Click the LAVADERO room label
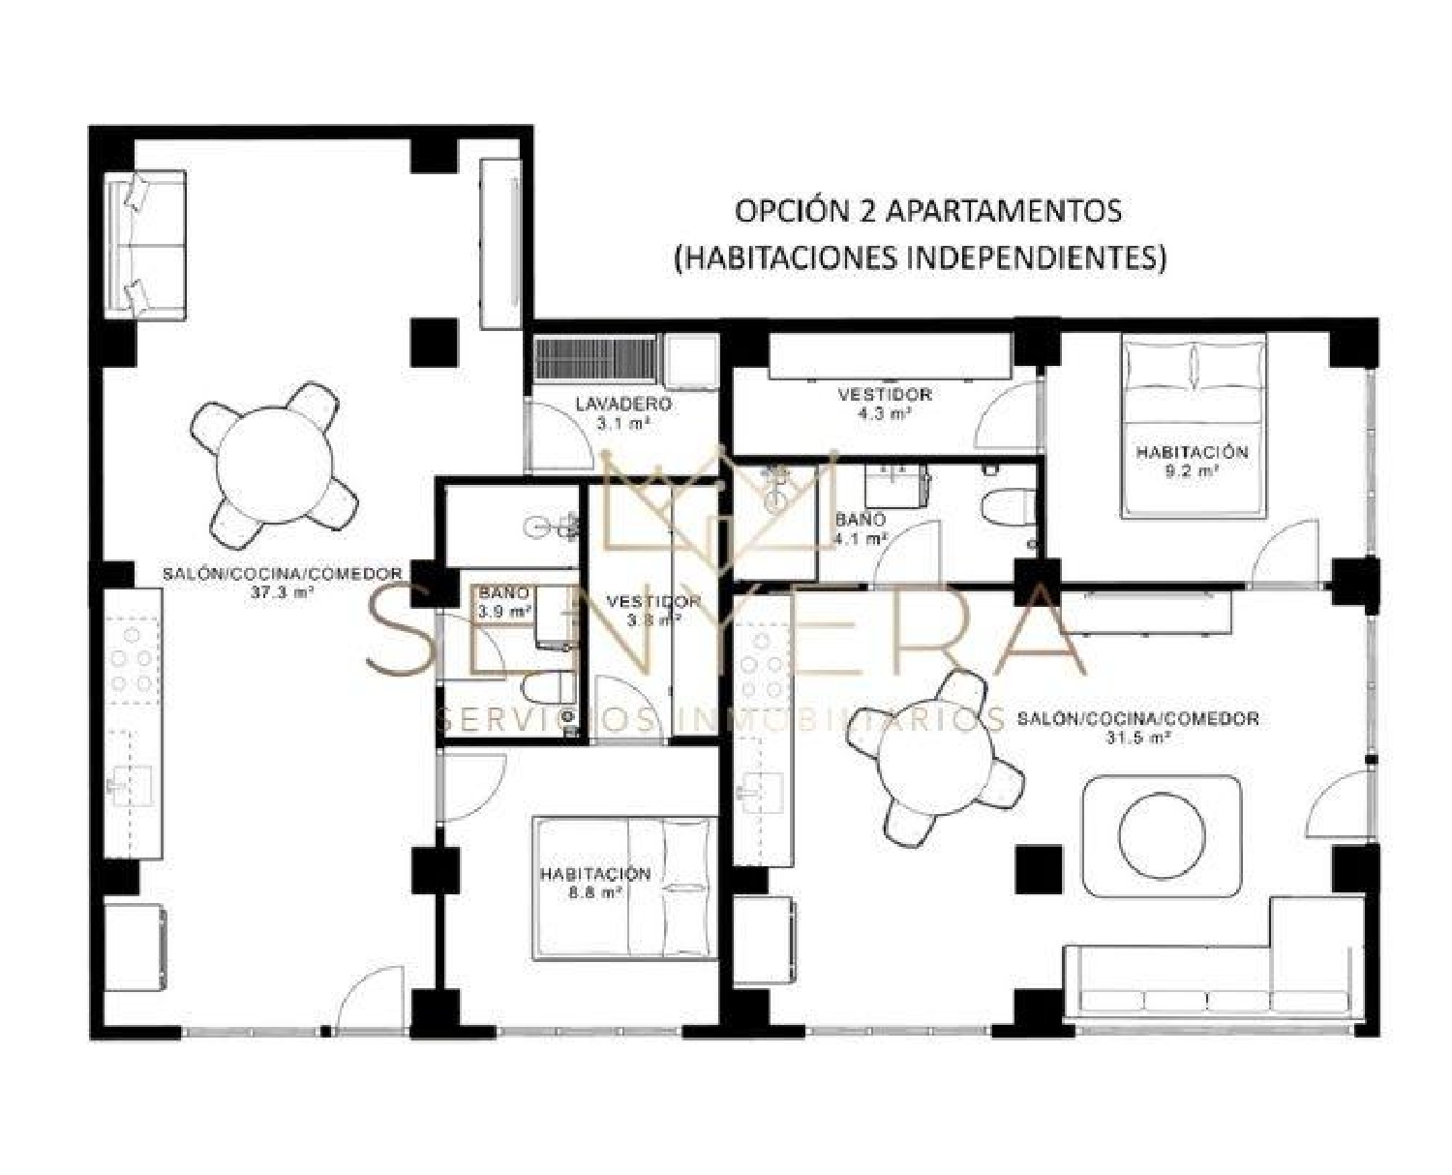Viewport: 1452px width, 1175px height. [x=622, y=404]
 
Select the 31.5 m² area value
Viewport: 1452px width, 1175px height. [x=1138, y=738]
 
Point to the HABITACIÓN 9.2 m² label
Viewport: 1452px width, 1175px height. [x=1192, y=461]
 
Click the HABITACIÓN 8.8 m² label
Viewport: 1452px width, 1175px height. [x=594, y=883]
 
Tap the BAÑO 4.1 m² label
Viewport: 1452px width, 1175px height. [x=861, y=528]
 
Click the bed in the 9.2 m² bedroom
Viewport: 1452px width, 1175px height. [x=1195, y=426]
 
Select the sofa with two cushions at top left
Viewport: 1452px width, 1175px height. [x=145, y=244]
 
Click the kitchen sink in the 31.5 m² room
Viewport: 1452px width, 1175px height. [x=759, y=788]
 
